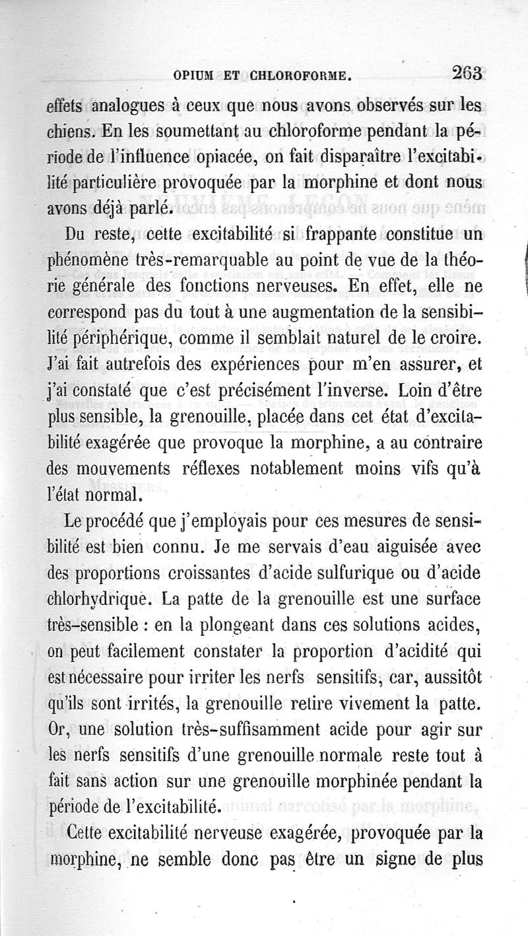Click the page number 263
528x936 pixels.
[465, 73]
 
